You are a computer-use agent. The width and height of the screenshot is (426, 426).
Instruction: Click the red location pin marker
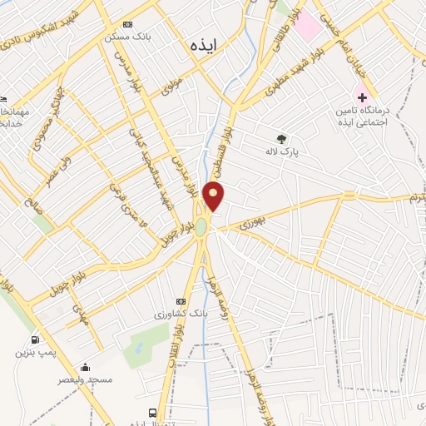[214, 196]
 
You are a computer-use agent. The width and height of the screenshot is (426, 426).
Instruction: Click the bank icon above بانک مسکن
[126, 24]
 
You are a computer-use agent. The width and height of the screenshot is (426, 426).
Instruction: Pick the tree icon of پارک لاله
[282, 139]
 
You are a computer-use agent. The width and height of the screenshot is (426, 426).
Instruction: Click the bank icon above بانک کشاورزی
[181, 301]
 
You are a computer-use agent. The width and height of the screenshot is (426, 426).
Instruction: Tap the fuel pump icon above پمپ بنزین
[34, 339]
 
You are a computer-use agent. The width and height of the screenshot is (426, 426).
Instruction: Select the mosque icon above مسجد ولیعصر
[85, 367]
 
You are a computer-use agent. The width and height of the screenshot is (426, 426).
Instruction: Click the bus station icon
[152, 412]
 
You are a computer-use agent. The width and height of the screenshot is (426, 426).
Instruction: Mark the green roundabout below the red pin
[201, 225]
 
